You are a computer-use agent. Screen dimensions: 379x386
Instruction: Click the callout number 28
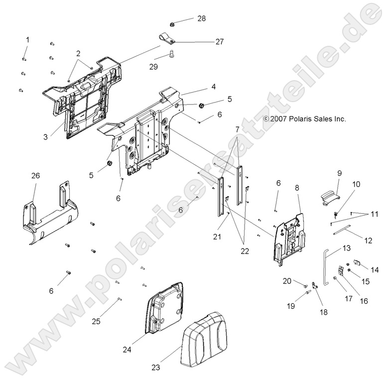click(x=201, y=18)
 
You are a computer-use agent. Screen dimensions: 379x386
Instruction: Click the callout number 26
click(x=36, y=175)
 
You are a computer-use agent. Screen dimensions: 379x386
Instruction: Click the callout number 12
click(x=368, y=241)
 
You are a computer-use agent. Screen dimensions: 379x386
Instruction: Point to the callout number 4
click(x=199, y=86)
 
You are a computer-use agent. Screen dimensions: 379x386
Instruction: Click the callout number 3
click(x=45, y=136)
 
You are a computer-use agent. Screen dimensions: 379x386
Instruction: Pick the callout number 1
click(x=28, y=39)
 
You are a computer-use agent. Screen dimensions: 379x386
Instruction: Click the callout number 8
click(x=297, y=189)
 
